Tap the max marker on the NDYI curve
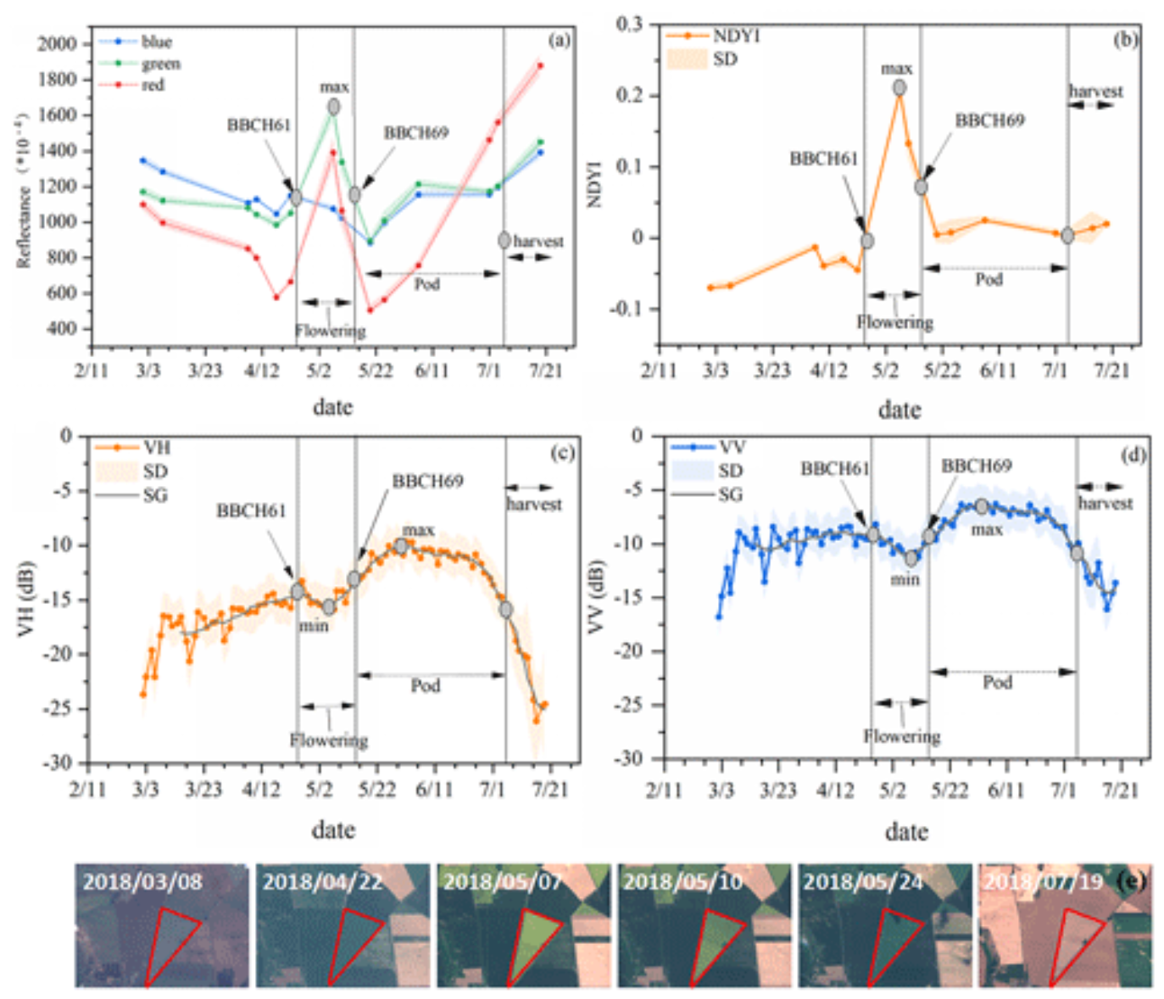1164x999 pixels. click(899, 87)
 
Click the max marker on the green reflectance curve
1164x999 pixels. click(334, 107)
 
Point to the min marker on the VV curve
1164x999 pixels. click(911, 559)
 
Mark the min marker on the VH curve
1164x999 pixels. click(329, 607)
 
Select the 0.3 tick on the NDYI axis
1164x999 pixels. click(629, 24)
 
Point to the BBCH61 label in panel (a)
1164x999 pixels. click(259, 126)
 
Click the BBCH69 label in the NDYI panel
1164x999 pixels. click(989, 120)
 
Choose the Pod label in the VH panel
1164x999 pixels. click(426, 685)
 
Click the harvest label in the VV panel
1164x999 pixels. click(1105, 503)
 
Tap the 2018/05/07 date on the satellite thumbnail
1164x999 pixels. click(502, 882)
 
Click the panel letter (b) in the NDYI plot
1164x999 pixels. click(1125, 40)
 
